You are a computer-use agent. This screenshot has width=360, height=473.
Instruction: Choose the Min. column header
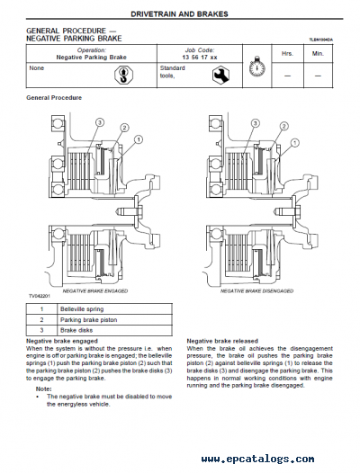(318, 53)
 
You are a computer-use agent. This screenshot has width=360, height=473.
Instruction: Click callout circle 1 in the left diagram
(140, 139)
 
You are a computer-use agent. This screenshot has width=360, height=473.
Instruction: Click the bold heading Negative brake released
(224, 342)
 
